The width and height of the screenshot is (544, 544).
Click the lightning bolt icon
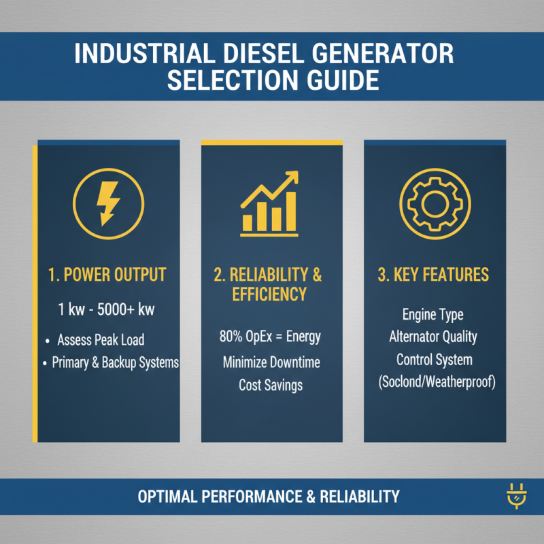[x=107, y=201]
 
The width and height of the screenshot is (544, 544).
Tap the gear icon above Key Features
[x=435, y=201]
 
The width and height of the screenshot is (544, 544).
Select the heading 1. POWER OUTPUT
[x=107, y=275]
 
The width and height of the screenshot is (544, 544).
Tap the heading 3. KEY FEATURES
[x=433, y=275]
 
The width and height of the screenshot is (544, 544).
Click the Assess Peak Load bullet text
[x=101, y=339]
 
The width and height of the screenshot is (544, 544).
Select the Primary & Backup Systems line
[x=115, y=362]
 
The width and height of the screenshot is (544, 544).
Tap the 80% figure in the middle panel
[x=232, y=337]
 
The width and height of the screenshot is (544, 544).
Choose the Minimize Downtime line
[x=271, y=362]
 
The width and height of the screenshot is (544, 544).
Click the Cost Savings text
[x=271, y=385]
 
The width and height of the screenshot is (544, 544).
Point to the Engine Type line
[x=433, y=315]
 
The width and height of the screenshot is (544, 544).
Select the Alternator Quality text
[x=433, y=337]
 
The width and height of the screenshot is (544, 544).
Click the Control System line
[x=433, y=359]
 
